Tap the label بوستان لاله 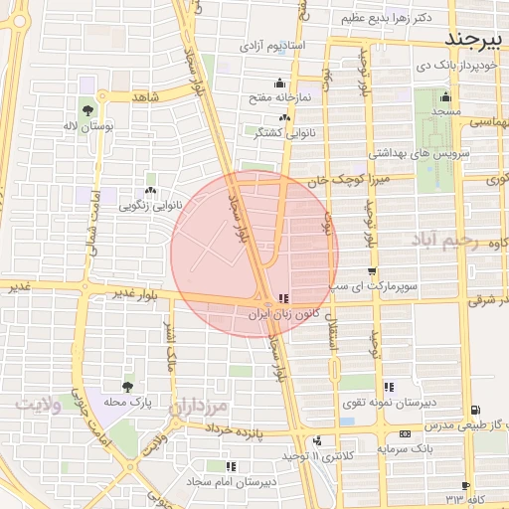88,128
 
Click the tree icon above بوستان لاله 87,110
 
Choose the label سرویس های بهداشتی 410,154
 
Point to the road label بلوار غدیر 137,293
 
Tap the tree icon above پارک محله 126,387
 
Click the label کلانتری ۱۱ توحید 314,456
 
